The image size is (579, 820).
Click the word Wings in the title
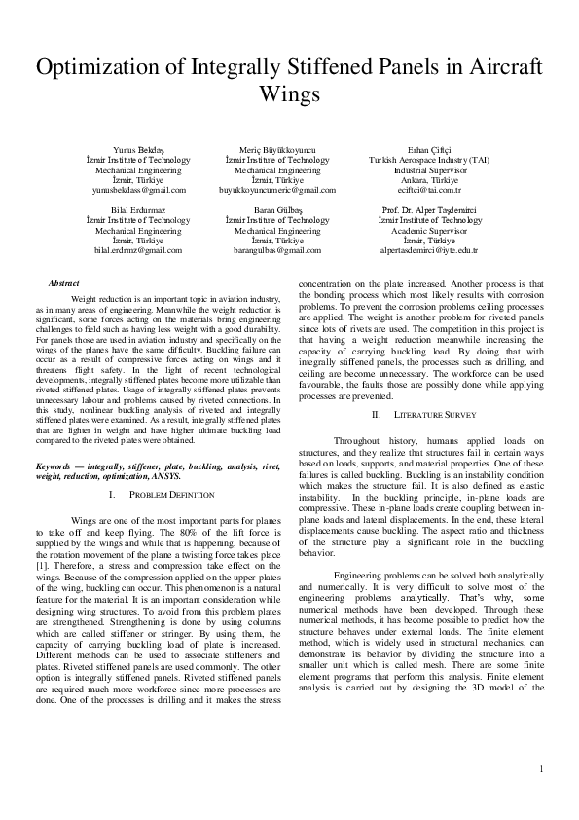pyautogui.click(x=288, y=95)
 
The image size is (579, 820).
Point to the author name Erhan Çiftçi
pyautogui.click(x=416, y=149)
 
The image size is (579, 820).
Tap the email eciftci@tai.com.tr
pyautogui.click(x=416, y=191)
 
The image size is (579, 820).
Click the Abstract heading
pyautogui.click(x=63, y=283)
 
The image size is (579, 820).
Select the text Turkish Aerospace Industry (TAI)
pyautogui.click(x=416, y=160)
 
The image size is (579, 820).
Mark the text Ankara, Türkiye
pyautogui.click(x=416, y=180)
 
